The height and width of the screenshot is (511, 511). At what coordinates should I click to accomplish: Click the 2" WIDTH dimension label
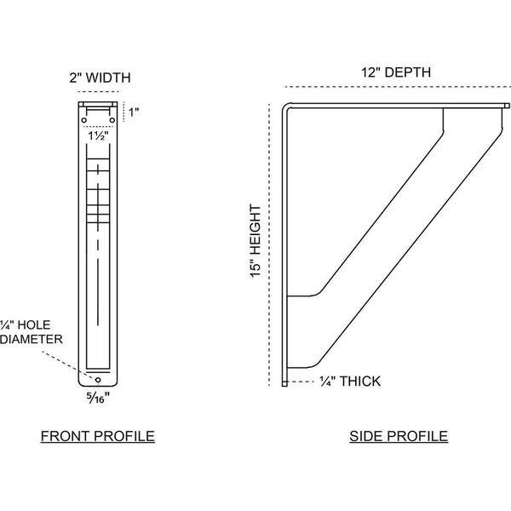[x=100, y=78]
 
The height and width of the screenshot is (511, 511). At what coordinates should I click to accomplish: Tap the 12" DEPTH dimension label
[x=396, y=72]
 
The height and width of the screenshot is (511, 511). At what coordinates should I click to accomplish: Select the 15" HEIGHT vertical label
[x=255, y=241]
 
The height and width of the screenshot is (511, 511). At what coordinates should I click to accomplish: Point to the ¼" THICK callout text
[x=350, y=382]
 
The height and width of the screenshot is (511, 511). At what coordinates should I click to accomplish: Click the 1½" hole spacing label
[x=98, y=135]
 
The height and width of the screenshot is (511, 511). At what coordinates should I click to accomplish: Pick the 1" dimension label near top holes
[x=134, y=112]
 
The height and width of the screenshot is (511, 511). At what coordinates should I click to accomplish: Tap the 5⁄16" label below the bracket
[x=98, y=398]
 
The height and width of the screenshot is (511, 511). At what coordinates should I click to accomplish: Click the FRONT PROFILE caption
[x=98, y=436]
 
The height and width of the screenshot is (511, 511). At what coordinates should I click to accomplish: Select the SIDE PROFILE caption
[x=399, y=436]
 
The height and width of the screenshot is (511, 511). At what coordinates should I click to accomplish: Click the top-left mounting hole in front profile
[x=84, y=120]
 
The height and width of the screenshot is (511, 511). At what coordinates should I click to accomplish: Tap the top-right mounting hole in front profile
[x=112, y=120]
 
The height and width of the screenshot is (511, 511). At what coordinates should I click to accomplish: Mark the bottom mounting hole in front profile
[x=98, y=380]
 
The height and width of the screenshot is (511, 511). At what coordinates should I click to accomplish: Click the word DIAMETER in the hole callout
[x=32, y=339]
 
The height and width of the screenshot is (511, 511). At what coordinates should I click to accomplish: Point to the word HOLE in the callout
[x=34, y=325]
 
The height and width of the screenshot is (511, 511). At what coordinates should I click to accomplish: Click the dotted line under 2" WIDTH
[x=99, y=92]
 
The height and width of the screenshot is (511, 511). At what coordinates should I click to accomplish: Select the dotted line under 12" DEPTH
[x=398, y=87]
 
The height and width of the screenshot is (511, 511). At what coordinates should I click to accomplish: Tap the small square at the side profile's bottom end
[x=284, y=383]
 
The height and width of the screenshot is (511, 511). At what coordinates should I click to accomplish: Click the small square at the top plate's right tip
[x=507, y=106]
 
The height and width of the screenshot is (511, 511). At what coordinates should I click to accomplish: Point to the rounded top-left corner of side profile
[x=284, y=106]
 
